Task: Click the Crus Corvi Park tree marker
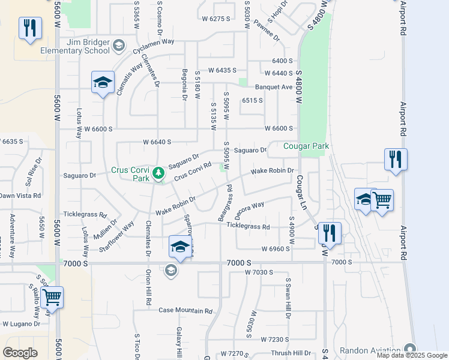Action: pos(158,173)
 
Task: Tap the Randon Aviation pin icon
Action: pos(410,349)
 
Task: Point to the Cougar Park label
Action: pos(306,146)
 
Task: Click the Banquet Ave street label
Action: pos(274,87)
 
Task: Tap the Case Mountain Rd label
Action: pos(185,311)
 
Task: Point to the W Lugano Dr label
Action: pos(22,324)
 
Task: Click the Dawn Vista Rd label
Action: pos(20,196)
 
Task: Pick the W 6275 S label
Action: pos(216,19)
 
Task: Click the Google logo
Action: pos(20,352)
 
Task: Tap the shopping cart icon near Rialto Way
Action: pos(52,296)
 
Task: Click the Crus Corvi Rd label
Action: pos(193,171)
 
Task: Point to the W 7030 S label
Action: pos(259,272)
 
